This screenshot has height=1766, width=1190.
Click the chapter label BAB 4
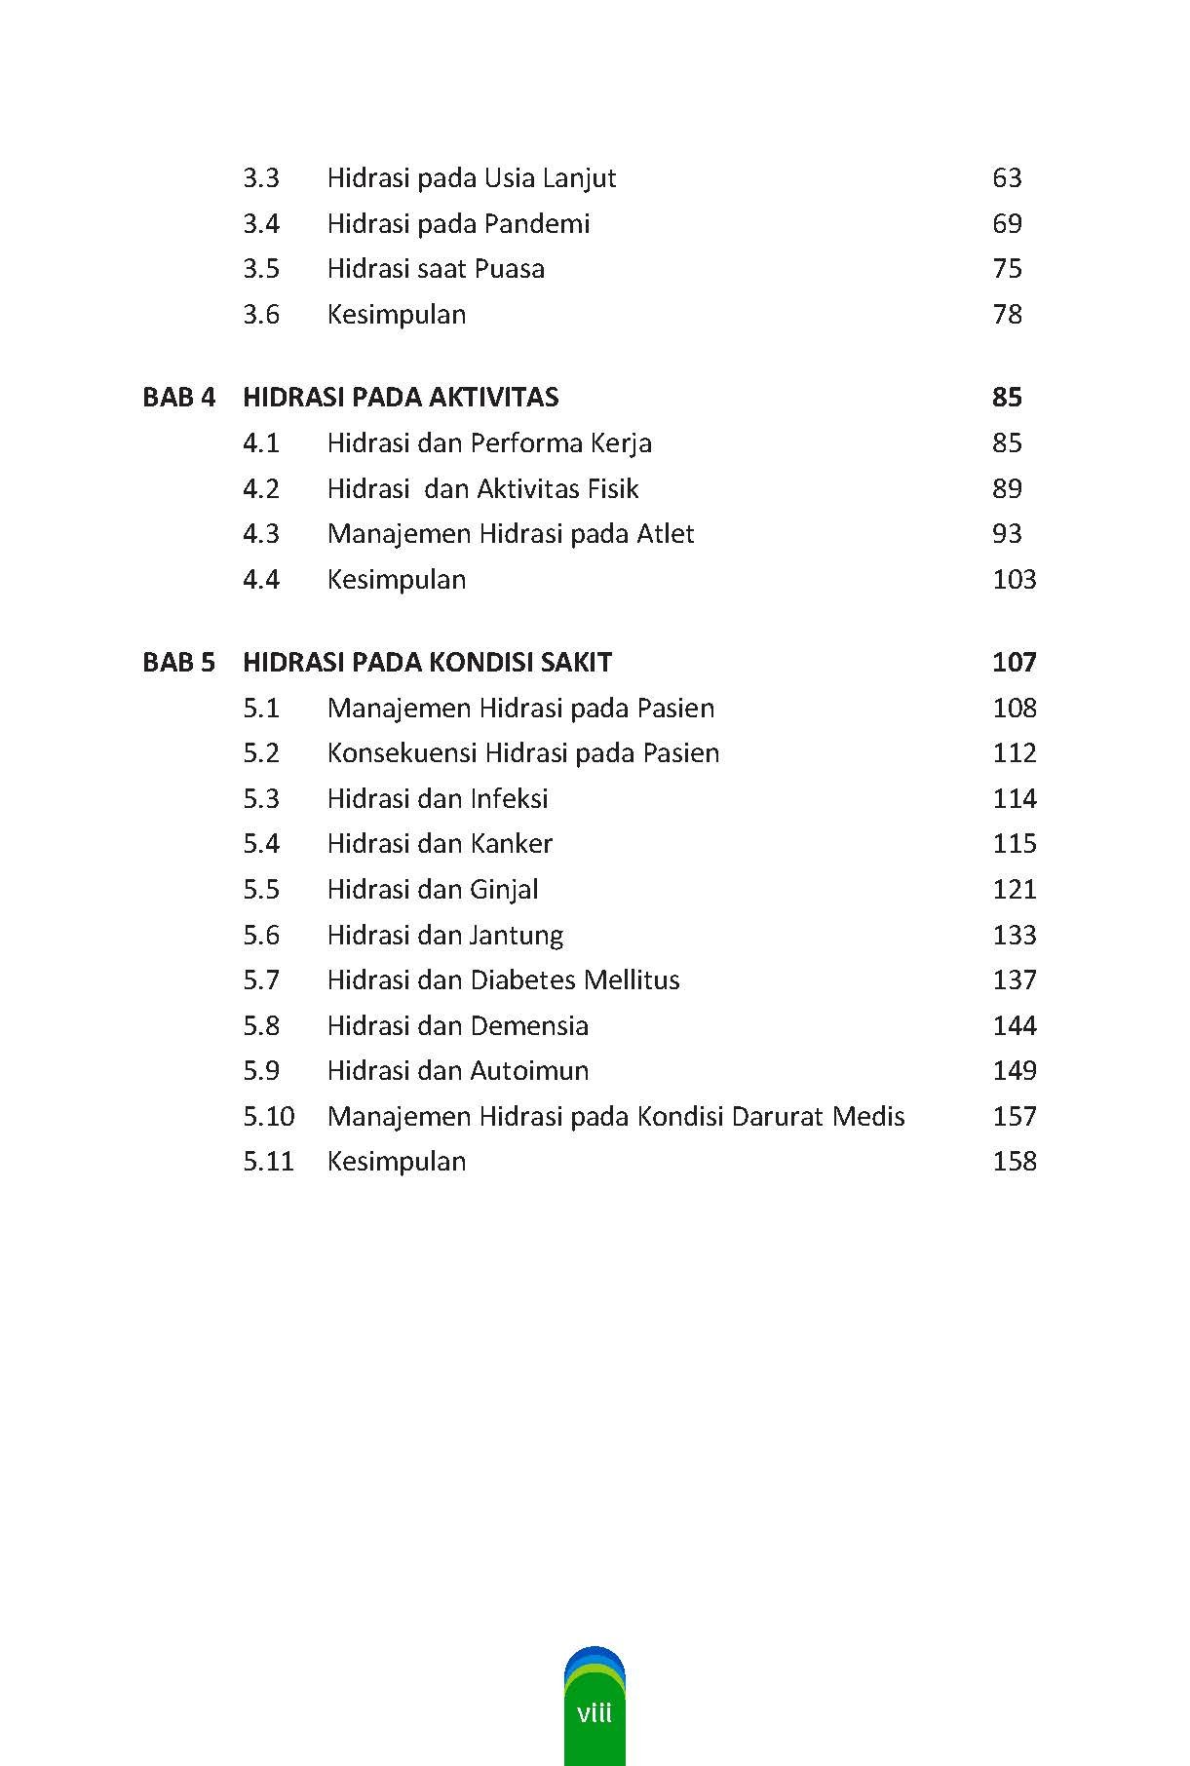click(178, 398)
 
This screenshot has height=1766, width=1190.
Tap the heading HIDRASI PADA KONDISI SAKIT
click(427, 663)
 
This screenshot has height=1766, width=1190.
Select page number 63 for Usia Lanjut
click(1007, 178)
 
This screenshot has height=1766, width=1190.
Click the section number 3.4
click(261, 224)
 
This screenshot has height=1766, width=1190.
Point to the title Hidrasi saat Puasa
click(436, 269)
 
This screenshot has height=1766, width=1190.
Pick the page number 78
click(1007, 315)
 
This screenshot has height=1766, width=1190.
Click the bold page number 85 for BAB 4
click(1007, 398)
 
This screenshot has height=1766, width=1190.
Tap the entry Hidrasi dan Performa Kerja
click(489, 443)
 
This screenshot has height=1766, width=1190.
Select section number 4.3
click(261, 534)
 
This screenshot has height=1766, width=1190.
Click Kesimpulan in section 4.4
click(397, 580)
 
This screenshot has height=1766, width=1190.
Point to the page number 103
click(1014, 580)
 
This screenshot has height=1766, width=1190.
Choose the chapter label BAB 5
click(178, 663)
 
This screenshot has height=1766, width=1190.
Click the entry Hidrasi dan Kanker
click(440, 844)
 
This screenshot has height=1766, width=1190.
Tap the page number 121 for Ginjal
click(1014, 890)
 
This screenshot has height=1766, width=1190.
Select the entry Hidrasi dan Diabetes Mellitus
click(503, 980)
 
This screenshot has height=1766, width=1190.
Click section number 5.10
click(268, 1117)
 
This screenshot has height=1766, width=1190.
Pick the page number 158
click(1014, 1162)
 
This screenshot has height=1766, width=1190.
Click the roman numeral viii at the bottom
click(595, 1712)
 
